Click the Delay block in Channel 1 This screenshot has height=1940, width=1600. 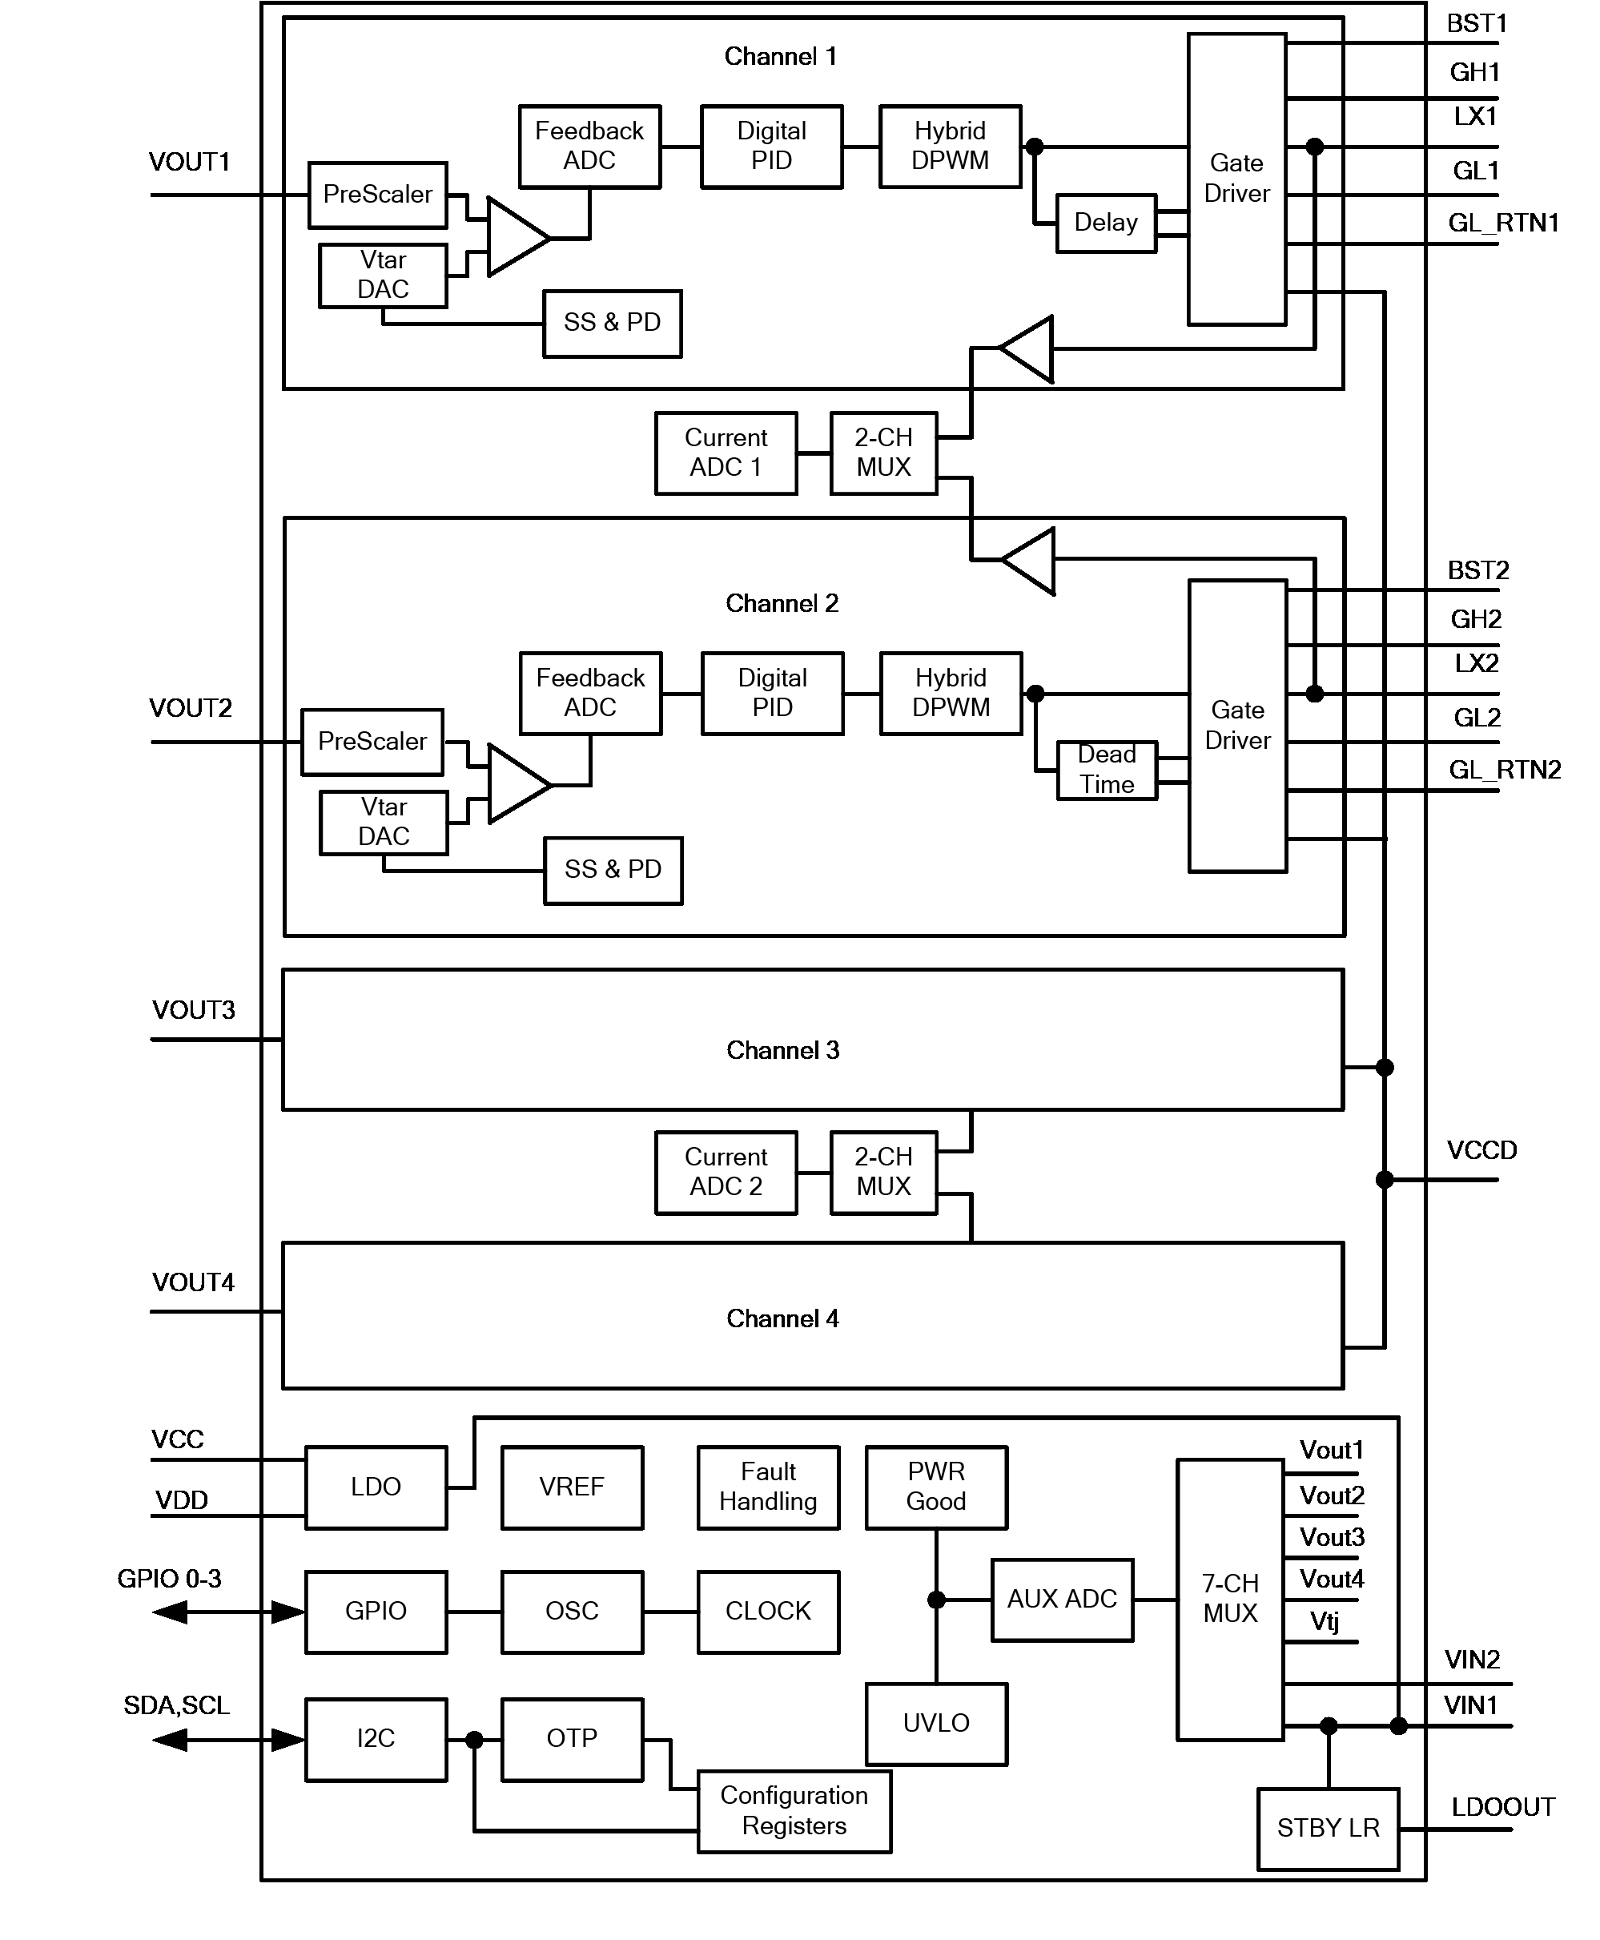(1105, 223)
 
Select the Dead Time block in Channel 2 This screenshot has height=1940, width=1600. (1106, 770)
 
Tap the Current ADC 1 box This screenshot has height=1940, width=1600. (726, 453)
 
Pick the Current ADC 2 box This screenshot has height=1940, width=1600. (726, 1173)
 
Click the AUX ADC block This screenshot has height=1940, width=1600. (1062, 1600)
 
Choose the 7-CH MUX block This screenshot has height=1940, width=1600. (1229, 1599)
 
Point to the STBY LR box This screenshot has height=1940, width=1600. (1327, 1829)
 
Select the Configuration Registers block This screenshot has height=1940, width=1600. (794, 1811)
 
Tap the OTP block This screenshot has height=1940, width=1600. (572, 1739)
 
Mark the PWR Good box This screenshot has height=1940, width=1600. (935, 1487)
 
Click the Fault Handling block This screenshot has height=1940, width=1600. (768, 1487)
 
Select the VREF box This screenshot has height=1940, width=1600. (572, 1487)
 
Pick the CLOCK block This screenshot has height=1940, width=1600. (768, 1611)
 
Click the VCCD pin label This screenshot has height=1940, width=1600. (1481, 1151)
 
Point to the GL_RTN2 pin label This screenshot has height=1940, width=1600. (1504, 771)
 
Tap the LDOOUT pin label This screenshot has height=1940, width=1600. (1502, 1807)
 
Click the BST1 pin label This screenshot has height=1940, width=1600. (1477, 24)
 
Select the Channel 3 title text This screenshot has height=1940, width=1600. (782, 1051)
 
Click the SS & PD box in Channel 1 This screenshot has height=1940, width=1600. (612, 324)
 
